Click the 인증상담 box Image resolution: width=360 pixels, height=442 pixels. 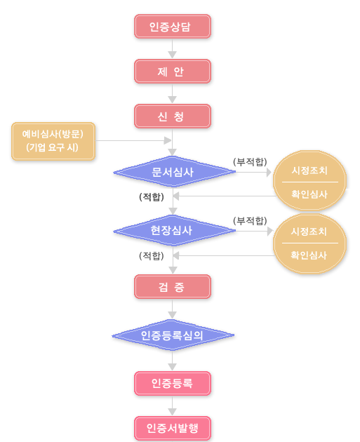pos(172,26)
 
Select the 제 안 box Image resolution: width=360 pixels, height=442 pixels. pos(172,72)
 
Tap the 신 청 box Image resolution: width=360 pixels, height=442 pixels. pos(172,116)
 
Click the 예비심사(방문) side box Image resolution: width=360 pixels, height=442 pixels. pos(53,141)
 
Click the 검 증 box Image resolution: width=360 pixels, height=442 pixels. pos(172,287)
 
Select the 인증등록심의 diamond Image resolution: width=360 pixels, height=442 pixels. pos(173,335)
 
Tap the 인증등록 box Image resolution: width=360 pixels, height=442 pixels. pos(172,383)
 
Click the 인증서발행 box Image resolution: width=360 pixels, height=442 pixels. pos(172,428)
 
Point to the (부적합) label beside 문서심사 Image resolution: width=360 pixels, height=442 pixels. pos(250,162)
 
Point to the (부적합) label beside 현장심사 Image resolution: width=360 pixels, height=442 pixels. pos(250,221)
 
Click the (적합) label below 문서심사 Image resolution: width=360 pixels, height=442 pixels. pos(152,196)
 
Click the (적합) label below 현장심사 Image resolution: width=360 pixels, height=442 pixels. pos(152,255)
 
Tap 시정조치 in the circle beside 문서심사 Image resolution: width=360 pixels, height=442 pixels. pos(309,170)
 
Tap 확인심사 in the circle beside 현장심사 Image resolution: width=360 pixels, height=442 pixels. pos(309,255)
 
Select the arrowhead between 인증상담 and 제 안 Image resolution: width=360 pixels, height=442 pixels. pos(172,55)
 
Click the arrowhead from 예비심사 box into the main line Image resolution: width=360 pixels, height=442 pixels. pos(168,140)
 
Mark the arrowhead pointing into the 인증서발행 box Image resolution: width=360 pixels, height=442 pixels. pos(172,412)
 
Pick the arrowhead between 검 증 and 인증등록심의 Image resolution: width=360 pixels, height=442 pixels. pos(172,315)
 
